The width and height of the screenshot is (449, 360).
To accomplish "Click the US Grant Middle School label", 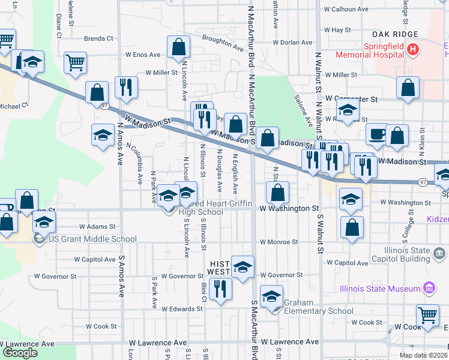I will pyautogui.click(x=93, y=239).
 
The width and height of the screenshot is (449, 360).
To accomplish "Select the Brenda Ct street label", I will pyautogui.click(x=98, y=38).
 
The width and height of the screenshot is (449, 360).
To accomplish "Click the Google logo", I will pyautogui.click(x=20, y=353).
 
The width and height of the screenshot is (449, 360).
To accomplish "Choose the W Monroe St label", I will pyautogui.click(x=279, y=242).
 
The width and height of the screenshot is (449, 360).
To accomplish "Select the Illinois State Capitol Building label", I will pyautogui.click(x=408, y=254).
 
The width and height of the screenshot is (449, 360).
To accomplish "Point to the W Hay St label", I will pyautogui.click(x=337, y=29).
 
